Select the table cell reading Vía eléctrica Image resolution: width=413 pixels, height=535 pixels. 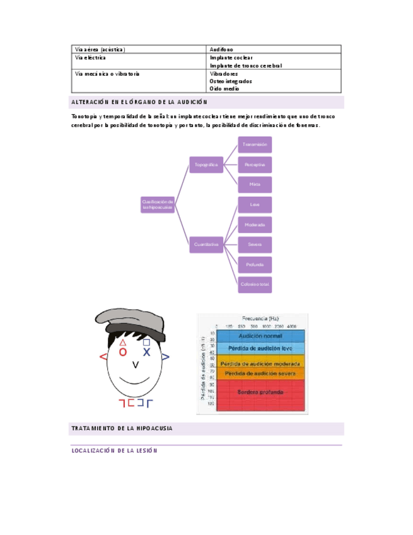pyautogui.click(x=91, y=57)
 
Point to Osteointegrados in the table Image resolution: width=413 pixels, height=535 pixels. pyautogui.click(x=231, y=81)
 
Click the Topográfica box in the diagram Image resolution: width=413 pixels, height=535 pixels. pyautogui.click(x=206, y=165)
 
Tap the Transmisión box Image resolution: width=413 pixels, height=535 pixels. pyautogui.click(x=255, y=144)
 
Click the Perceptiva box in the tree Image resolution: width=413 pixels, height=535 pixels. pyautogui.click(x=255, y=165)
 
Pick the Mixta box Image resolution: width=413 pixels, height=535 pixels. pyautogui.click(x=255, y=184)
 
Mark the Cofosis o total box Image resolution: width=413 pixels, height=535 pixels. pyautogui.click(x=255, y=285)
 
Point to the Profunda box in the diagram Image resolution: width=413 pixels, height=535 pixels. pyautogui.click(x=255, y=264)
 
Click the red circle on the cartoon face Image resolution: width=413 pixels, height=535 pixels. pyautogui.click(x=123, y=352)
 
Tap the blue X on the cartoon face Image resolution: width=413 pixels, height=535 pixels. pyautogui.click(x=146, y=352)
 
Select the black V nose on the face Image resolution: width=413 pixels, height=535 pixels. pyautogui.click(x=136, y=365)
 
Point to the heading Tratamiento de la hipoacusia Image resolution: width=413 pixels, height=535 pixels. pyautogui.click(x=122, y=429)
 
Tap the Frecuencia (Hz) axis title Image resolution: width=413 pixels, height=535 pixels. pyautogui.click(x=260, y=319)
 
